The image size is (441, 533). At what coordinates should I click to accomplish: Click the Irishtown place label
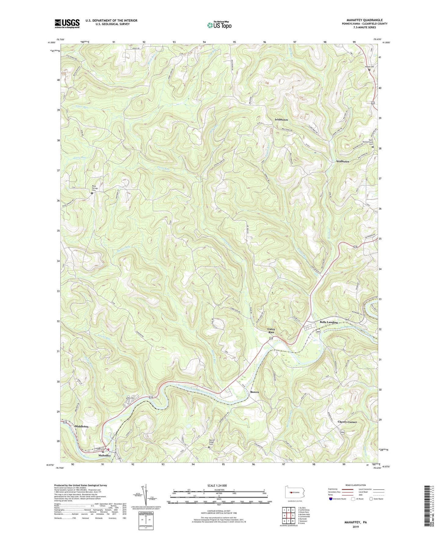(x=281, y=120)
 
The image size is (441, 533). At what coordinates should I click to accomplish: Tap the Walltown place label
(x=342, y=161)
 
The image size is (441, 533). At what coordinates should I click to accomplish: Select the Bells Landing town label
(x=329, y=322)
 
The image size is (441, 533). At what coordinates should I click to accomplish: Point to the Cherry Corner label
(x=347, y=422)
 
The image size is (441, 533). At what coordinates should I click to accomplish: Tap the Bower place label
(x=255, y=392)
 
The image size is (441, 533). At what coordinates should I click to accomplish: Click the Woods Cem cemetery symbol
(x=369, y=70)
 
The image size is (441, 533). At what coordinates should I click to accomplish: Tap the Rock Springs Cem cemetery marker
(x=92, y=193)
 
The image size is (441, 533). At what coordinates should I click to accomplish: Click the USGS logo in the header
(x=67, y=23)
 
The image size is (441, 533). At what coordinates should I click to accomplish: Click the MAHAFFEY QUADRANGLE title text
(x=364, y=20)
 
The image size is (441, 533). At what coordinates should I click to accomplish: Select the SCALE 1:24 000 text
(x=219, y=486)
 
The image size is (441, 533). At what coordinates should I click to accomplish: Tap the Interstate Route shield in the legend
(x=331, y=499)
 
